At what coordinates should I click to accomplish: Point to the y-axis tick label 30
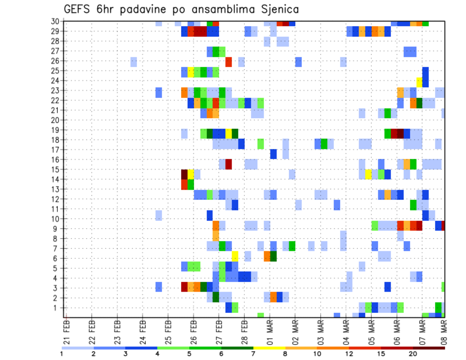tap(56, 21)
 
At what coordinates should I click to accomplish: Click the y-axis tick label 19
tap(56, 130)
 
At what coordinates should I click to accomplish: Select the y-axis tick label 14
tap(56, 179)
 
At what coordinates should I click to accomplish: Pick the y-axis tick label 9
tap(58, 229)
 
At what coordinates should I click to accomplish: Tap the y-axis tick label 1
tap(58, 308)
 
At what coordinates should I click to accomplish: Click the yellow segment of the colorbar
tap(269, 347)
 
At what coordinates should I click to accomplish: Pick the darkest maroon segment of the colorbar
tap(429, 347)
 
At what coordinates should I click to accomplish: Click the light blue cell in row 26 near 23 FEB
tap(133, 62)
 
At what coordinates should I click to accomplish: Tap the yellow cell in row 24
tap(419, 82)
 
